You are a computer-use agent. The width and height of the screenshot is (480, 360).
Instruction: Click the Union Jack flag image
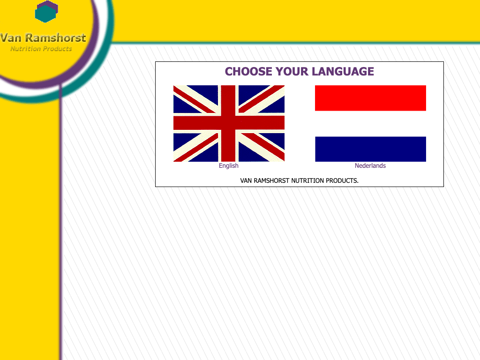(x=229, y=123)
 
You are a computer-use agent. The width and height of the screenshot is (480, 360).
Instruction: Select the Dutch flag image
(x=370, y=123)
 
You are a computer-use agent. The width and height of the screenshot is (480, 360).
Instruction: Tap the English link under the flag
(x=229, y=165)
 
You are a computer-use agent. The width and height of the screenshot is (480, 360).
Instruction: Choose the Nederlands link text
(x=370, y=165)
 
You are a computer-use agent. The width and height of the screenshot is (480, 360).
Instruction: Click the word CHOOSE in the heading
(x=248, y=71)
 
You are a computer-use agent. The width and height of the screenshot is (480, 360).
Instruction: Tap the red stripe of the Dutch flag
(x=370, y=98)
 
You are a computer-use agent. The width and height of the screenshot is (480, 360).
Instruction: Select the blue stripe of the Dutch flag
(x=370, y=149)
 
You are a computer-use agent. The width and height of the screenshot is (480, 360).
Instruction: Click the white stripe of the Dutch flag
(x=370, y=124)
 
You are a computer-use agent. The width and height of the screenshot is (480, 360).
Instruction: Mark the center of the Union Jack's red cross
(x=228, y=123)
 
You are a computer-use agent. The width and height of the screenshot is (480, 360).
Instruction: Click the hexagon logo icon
(x=46, y=12)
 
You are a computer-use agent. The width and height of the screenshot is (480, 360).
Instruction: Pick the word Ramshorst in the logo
(x=55, y=37)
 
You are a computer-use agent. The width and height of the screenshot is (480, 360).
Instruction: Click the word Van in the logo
(x=11, y=37)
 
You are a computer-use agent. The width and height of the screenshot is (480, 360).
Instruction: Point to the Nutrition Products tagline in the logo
(x=41, y=49)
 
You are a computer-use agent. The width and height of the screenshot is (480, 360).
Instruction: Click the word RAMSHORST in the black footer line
(x=271, y=180)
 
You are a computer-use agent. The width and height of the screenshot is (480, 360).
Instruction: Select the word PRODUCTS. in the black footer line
(x=342, y=180)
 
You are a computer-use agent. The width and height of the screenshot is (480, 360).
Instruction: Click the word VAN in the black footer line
(x=246, y=180)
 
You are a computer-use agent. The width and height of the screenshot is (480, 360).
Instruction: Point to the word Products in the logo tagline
(x=58, y=49)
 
